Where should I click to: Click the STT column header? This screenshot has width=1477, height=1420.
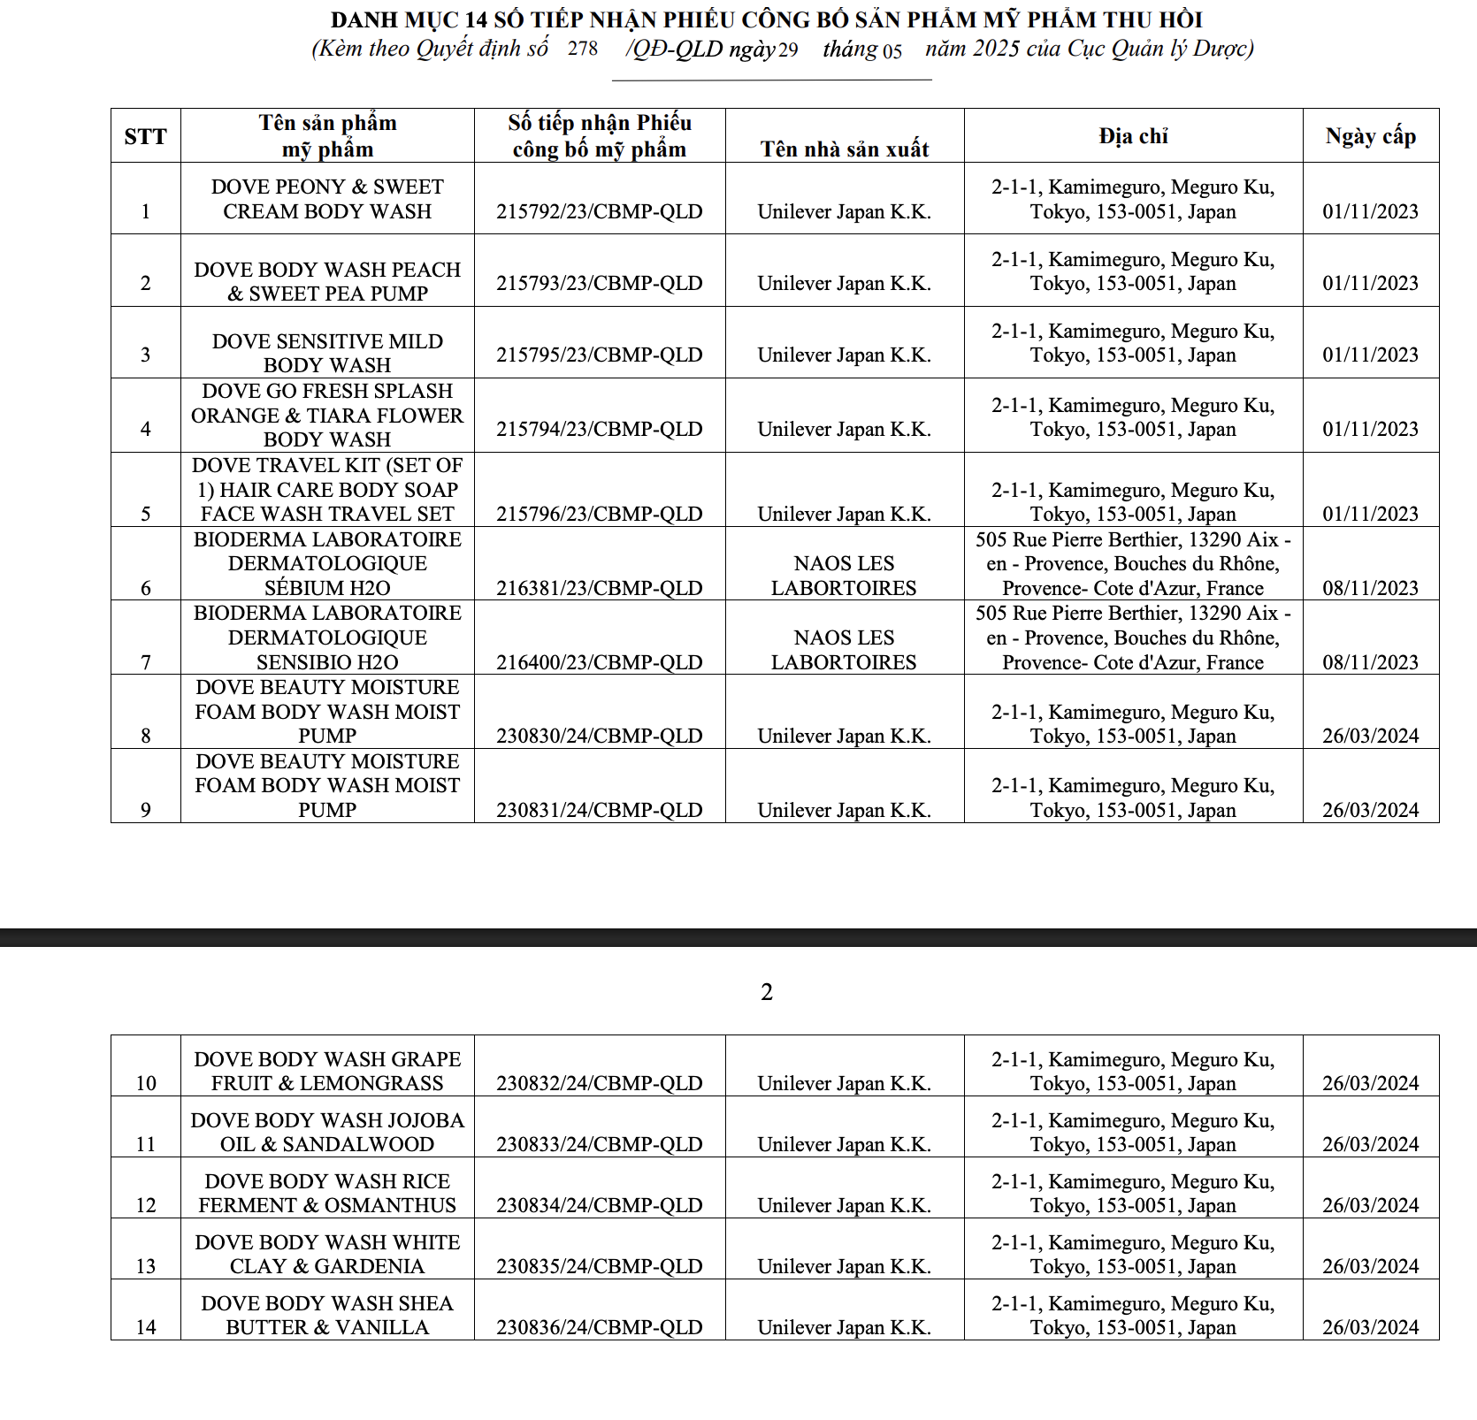tap(145, 136)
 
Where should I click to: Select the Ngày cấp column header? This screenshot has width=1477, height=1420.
tap(1370, 136)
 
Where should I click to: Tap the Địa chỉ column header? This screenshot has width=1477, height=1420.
tap(1133, 136)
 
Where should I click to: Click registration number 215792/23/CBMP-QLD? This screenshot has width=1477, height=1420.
tap(599, 212)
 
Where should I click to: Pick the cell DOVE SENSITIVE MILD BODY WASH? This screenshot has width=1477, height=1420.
tap(327, 353)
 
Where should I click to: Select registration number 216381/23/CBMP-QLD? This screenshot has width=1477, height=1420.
tap(599, 588)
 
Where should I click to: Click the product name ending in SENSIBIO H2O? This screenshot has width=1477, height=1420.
tap(327, 637)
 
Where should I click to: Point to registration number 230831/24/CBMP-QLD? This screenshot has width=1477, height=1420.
tap(599, 810)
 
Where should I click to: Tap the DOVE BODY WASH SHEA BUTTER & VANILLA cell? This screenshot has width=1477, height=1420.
tap(327, 1315)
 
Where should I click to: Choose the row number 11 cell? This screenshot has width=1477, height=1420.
tap(146, 1144)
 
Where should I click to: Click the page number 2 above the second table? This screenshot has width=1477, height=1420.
tap(767, 992)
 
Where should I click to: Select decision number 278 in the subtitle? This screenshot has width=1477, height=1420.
tap(583, 49)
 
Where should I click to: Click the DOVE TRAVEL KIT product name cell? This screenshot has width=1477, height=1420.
tap(327, 490)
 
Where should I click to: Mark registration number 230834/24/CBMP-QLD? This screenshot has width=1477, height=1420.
tap(599, 1205)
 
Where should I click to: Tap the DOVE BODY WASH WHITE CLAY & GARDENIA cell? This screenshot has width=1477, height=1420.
tap(327, 1254)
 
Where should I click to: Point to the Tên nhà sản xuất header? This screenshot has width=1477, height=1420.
tap(844, 149)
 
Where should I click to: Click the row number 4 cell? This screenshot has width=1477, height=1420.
tap(146, 429)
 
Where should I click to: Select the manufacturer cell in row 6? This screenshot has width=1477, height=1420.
tap(844, 576)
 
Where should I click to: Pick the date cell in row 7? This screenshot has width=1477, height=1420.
tap(1370, 662)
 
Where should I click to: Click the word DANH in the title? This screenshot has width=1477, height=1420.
tap(359, 19)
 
